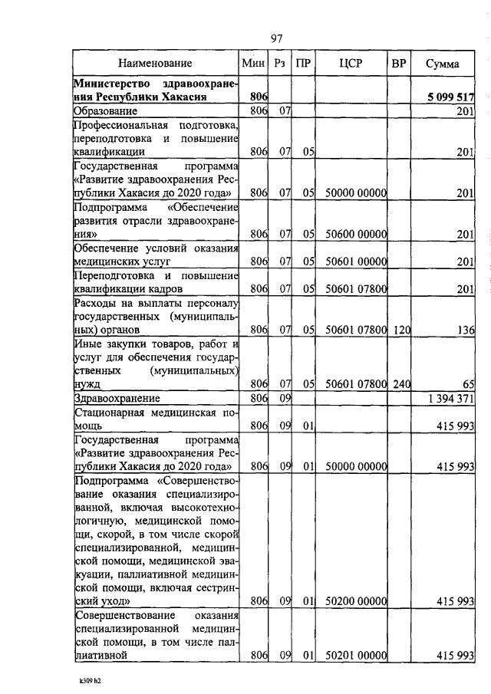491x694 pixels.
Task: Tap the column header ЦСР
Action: pyautogui.click(x=350, y=64)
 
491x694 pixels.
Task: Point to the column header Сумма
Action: pyautogui.click(x=443, y=64)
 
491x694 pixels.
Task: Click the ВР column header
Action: pyautogui.click(x=398, y=64)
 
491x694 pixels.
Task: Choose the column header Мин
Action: pyautogui.click(x=253, y=64)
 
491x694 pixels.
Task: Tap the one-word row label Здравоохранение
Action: pyautogui.click(x=117, y=399)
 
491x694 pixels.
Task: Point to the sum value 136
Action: pyautogui.click(x=465, y=330)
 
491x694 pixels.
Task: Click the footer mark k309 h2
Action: pyautogui.click(x=90, y=680)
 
